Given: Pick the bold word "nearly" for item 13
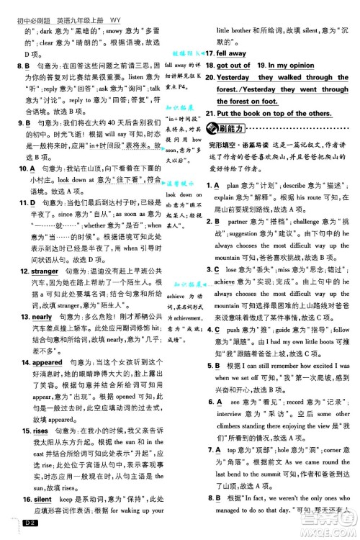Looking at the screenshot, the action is coord(36,317).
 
